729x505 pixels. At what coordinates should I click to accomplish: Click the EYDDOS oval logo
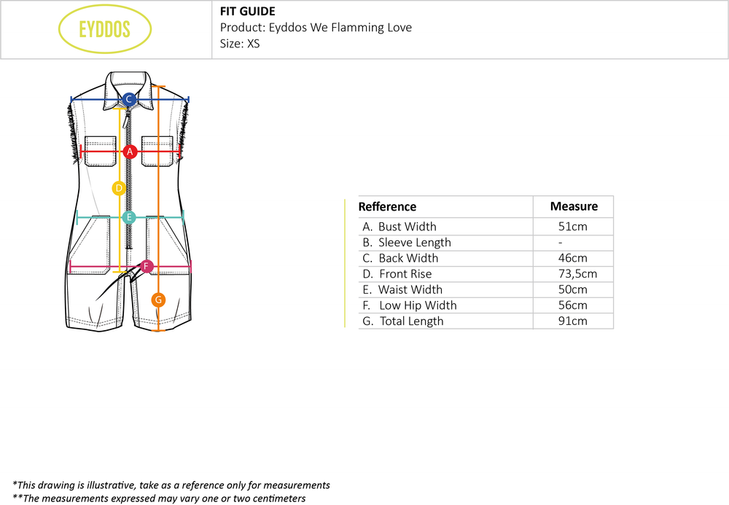105,29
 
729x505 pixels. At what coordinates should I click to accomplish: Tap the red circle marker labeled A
130,152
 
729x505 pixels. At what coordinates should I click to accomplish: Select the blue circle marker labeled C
129,99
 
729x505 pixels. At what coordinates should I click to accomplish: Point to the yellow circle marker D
119,188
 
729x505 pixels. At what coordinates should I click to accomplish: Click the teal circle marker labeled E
129,216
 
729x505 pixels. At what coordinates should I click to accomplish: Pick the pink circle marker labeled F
147,266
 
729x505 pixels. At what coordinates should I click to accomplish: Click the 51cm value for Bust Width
572,227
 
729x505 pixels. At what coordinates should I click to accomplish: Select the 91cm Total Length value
572,321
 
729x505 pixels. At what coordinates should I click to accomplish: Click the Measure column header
574,206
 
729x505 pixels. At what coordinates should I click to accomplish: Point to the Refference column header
387,207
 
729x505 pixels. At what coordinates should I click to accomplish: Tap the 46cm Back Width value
572,258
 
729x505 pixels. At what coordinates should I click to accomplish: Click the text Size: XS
240,44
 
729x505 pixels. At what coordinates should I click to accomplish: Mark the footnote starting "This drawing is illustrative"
171,485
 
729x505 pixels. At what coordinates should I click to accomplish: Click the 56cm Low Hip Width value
572,305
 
